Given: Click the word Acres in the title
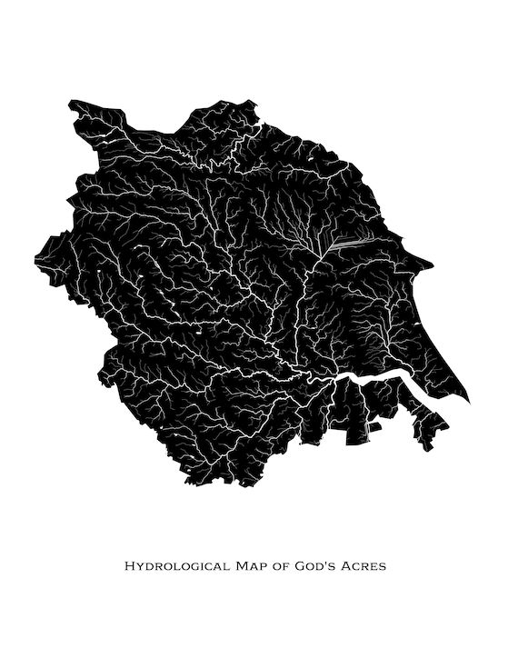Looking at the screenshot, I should pyautogui.click(x=365, y=566).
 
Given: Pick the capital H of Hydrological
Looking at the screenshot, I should pyautogui.click(x=128, y=566).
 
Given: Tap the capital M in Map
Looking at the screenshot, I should pyautogui.click(x=242, y=566).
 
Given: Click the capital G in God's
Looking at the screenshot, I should pyautogui.click(x=303, y=566).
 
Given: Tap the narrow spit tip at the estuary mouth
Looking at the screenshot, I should pyautogui.click(x=469, y=400).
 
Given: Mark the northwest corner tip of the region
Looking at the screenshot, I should pyautogui.click(x=70, y=103).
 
